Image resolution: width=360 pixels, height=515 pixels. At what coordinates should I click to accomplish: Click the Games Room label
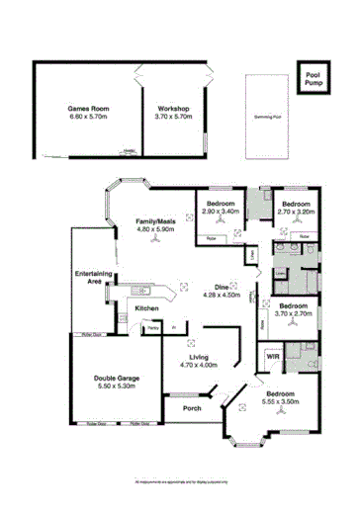point(87,107)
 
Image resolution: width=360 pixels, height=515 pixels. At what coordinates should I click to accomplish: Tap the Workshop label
point(173,107)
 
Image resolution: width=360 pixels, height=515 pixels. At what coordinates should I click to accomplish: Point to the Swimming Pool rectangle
point(262,116)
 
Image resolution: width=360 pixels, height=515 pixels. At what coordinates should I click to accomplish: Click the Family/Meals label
point(154,220)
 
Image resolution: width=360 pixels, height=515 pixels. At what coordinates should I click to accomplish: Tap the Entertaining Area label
point(89,277)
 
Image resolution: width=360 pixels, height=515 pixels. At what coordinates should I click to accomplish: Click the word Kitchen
point(147,308)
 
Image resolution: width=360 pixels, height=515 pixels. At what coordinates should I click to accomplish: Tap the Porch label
point(192,407)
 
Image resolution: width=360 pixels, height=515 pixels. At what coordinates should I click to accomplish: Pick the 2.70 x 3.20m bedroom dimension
point(296,212)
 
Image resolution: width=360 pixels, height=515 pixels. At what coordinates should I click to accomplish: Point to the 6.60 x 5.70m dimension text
point(87,116)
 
